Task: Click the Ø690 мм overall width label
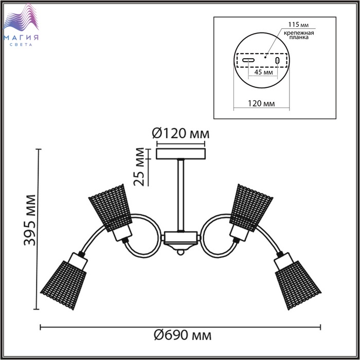click(x=183, y=335)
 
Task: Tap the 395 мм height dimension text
click(x=30, y=220)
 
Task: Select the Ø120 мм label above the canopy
click(x=181, y=133)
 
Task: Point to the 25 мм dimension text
click(x=139, y=167)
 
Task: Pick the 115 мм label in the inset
click(x=298, y=24)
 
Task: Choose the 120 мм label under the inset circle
click(x=261, y=103)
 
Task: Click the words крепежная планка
click(x=299, y=35)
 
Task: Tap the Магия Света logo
click(x=21, y=25)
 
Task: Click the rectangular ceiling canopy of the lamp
click(x=181, y=154)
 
